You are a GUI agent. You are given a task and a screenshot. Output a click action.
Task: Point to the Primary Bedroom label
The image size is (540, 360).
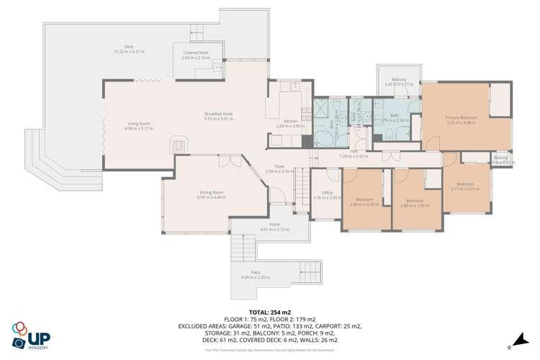point(462,117)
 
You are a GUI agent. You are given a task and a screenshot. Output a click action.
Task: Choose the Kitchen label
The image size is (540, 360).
point(290,121)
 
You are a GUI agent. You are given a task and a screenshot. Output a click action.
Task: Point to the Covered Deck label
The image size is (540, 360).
point(195,53)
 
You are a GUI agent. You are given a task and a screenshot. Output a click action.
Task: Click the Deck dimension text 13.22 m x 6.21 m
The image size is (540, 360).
point(129,52)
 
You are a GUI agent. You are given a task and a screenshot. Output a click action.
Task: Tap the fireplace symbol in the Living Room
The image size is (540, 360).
point(179,145)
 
